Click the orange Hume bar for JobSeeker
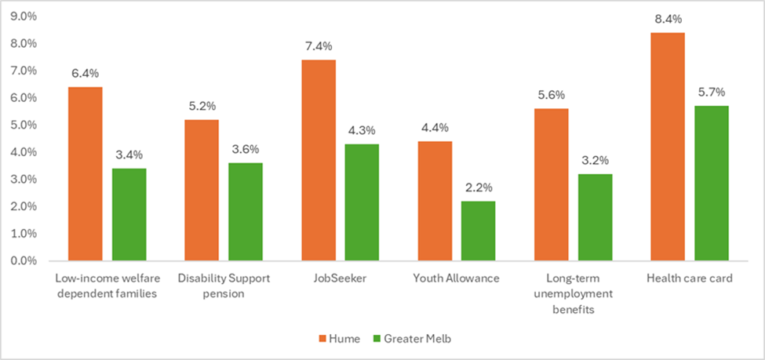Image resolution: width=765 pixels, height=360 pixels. [x=319, y=160]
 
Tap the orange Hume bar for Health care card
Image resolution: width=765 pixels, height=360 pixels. [x=668, y=147]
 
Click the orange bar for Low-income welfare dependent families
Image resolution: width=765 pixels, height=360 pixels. [x=85, y=173]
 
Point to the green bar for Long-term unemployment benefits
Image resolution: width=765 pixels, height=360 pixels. [x=595, y=217]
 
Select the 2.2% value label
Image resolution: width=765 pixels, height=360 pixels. [x=478, y=188]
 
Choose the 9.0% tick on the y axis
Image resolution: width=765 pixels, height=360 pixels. [x=26, y=16]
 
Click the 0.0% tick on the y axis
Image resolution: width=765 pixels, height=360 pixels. [x=26, y=261]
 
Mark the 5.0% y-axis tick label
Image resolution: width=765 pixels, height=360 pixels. [x=26, y=125]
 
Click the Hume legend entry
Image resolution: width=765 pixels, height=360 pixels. [x=339, y=338]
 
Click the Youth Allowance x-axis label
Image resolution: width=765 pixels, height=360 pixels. [x=456, y=278]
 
